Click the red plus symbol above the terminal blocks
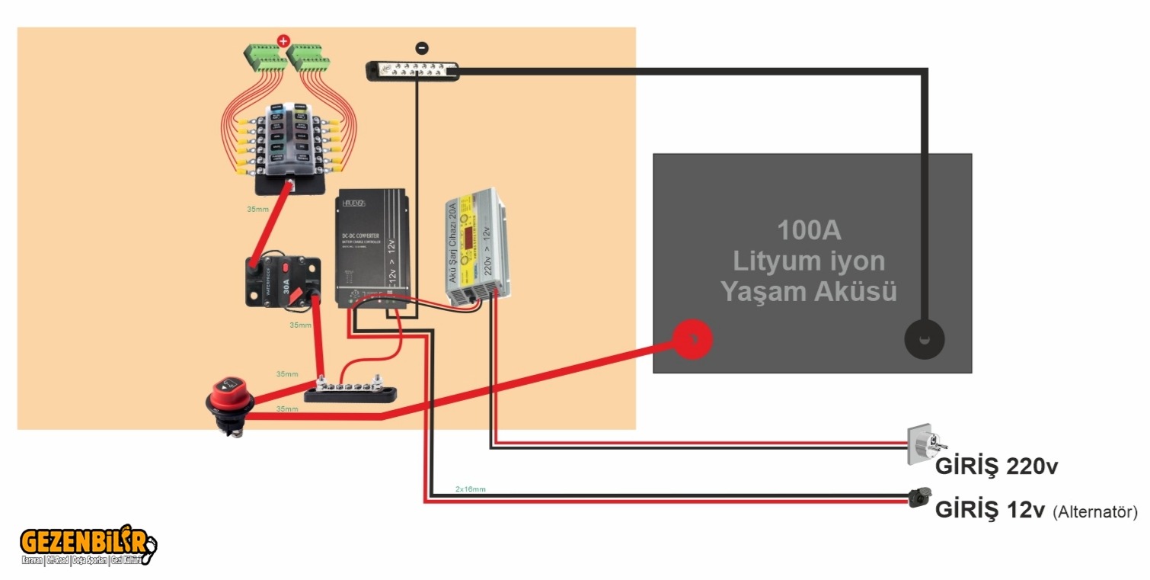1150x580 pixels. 283,40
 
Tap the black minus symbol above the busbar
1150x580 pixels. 422,48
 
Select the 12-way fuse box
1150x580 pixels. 289,141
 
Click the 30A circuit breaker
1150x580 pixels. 283,283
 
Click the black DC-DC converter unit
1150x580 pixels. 372,248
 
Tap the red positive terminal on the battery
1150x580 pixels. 692,339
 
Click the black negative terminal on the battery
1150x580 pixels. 924,338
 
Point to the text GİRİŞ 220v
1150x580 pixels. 996,466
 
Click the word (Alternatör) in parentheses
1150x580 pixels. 1094,512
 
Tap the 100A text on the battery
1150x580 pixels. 809,229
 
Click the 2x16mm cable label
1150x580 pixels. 470,489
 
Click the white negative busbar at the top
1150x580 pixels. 412,71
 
